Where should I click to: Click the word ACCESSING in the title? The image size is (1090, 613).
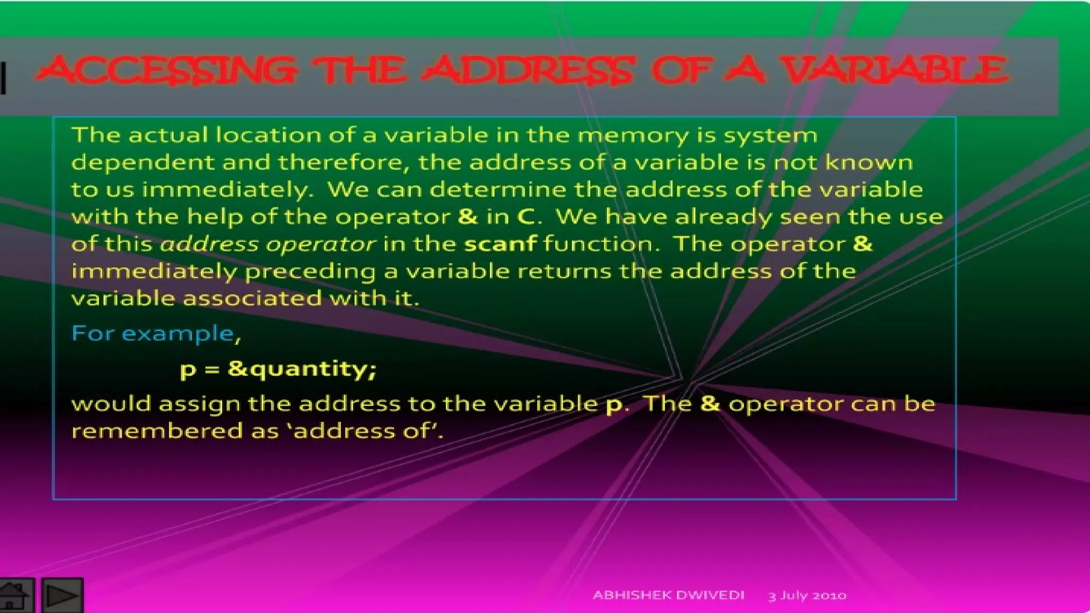(165, 70)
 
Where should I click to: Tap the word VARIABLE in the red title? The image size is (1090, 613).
(894, 70)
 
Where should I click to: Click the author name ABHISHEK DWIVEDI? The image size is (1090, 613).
(668, 595)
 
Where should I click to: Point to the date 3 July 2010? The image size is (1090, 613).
(807, 595)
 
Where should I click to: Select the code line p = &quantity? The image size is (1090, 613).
(278, 369)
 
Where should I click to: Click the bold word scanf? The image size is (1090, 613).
(500, 244)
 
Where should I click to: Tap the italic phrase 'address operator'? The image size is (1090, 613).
(268, 244)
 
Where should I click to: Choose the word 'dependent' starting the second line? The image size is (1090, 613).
(143, 162)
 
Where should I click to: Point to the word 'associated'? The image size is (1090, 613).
(253, 298)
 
